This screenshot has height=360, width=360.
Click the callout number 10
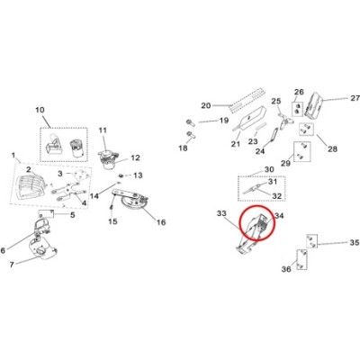pyautogui.click(x=40, y=110)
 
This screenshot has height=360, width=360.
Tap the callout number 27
pyautogui.click(x=355, y=98)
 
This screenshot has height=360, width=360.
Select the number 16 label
pyautogui.click(x=161, y=222)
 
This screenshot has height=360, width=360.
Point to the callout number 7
pyautogui.click(x=12, y=265)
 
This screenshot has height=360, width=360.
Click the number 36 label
pyautogui.click(x=286, y=269)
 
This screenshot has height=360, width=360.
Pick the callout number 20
pyautogui.click(x=206, y=105)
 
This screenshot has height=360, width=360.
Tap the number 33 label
pyautogui.click(x=221, y=213)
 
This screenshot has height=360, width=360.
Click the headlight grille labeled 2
pyautogui.click(x=29, y=185)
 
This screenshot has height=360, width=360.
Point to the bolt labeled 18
pyautogui.click(x=190, y=135)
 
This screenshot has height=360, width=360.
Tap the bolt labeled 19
pyautogui.click(x=190, y=122)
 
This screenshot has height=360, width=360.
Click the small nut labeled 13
pyautogui.click(x=121, y=175)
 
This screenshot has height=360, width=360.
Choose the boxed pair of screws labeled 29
pyautogui.click(x=301, y=151)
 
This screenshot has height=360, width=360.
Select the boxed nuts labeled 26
pyautogui.click(x=297, y=109)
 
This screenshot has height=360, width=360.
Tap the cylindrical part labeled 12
pyautogui.click(x=108, y=160)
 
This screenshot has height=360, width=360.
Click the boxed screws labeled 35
pyautogui.click(x=311, y=241)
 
